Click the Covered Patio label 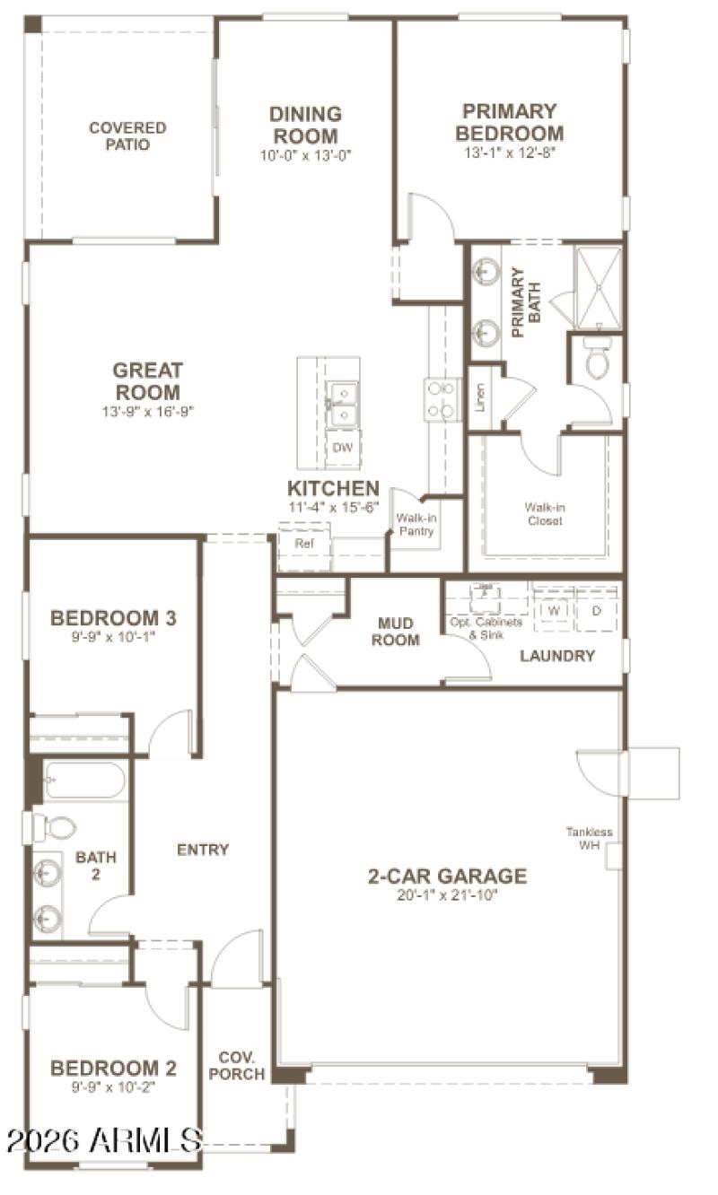(127, 135)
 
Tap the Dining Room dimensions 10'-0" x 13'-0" (305, 154)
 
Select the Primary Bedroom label (509, 122)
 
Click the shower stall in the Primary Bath (597, 287)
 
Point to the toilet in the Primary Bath (597, 360)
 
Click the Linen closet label (481, 396)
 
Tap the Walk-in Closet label (545, 513)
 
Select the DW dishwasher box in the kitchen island (342, 448)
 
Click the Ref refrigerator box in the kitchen (302, 544)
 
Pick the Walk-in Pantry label (416, 525)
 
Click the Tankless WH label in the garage (589, 838)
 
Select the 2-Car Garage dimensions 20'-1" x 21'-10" (446, 894)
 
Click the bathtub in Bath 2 (84, 781)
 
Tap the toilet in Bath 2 (56, 827)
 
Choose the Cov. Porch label (242, 1065)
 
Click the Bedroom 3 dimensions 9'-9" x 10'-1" (113, 637)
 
